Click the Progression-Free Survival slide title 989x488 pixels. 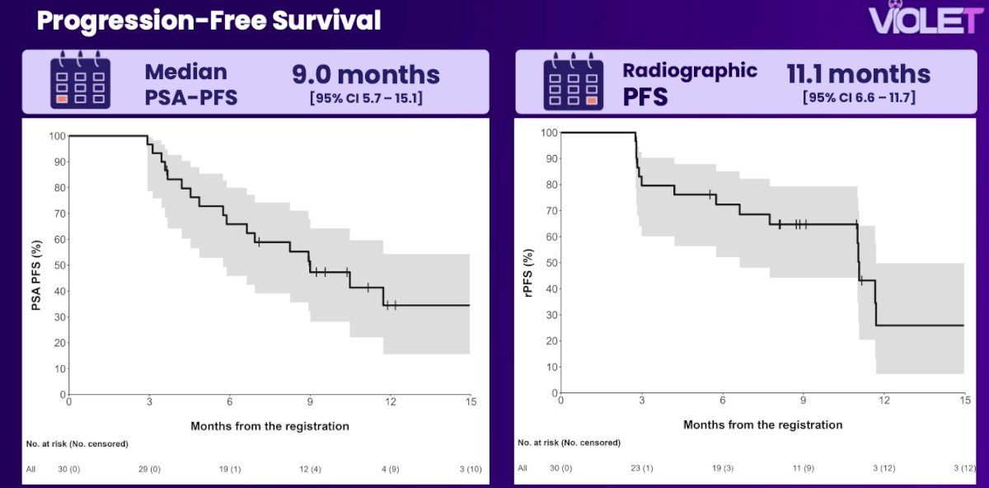209,21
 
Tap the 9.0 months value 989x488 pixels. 366,74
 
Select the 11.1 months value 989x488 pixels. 858,73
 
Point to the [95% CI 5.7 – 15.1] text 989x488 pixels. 366,98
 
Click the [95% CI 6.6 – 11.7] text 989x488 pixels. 859,97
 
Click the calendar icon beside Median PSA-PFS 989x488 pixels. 81,80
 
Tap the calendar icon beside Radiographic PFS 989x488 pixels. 573,82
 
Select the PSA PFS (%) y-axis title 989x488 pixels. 36,275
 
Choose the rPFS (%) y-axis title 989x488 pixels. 528,273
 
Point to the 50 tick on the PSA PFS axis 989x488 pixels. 60,265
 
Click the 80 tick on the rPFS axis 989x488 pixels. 551,185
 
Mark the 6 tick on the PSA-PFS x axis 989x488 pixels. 230,401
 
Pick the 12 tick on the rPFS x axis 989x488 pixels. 884,400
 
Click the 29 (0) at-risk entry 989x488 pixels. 149,469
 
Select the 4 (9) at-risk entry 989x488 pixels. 391,469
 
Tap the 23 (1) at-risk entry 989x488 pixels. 641,468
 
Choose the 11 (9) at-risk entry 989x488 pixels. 803,468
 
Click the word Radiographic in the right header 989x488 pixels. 690,71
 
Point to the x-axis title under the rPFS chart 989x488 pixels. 762,425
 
